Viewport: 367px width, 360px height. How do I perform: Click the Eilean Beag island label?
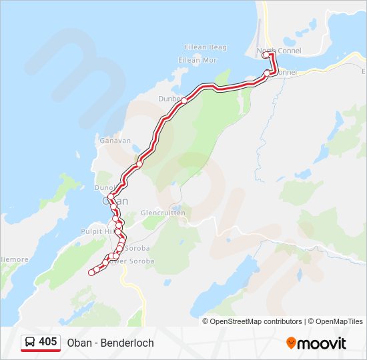click(x=206, y=47)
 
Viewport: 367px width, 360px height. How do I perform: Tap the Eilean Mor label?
click(x=198, y=60)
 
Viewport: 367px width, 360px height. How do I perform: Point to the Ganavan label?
click(x=115, y=141)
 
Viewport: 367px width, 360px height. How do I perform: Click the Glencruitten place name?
click(x=163, y=213)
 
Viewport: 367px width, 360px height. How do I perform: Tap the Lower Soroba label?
click(x=132, y=261)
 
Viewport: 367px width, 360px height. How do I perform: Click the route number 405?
click(x=47, y=342)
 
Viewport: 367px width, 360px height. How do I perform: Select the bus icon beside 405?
click(x=30, y=342)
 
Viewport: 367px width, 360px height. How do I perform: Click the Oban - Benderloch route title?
click(x=110, y=343)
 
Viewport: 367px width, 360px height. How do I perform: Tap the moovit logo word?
click(x=322, y=343)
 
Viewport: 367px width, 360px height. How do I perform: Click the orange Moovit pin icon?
click(x=291, y=343)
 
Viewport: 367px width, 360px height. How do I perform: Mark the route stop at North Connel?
click(x=266, y=55)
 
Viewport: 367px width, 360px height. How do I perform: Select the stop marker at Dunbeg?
click(x=183, y=99)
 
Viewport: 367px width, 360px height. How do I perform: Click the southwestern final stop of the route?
click(x=91, y=272)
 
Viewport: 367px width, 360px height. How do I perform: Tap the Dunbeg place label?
click(x=169, y=99)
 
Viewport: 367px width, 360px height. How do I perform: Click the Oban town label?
click(x=111, y=200)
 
